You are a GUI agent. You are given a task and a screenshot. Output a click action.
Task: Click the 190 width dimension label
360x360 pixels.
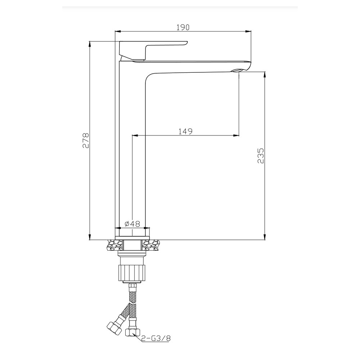(x=183, y=27)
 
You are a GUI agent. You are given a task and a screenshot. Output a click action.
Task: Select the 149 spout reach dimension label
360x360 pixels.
(x=185, y=131)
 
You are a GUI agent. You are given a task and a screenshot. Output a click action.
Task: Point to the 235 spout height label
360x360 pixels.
(x=261, y=156)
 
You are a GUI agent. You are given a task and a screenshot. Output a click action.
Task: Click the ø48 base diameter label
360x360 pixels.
(x=132, y=224)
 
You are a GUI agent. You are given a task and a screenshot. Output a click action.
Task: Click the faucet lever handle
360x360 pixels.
(x=153, y=50)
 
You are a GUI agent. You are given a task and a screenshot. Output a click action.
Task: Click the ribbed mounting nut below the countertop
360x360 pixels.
(x=132, y=273)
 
